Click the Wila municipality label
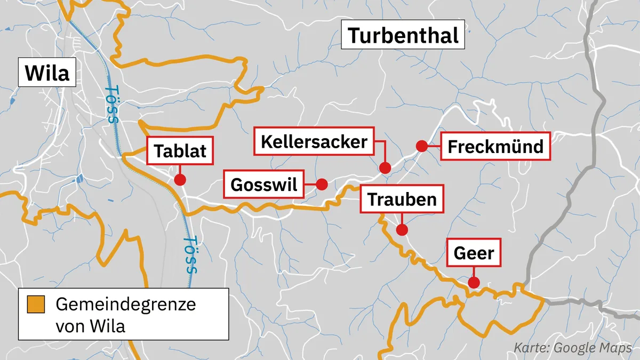(47, 73)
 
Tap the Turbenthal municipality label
(403, 36)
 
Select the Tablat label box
(180, 151)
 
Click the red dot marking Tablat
(180, 179)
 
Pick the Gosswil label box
(263, 185)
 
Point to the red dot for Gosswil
(322, 184)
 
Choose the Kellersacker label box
(314, 142)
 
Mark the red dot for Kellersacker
(385, 168)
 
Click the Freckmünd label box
(495, 146)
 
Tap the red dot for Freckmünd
(421, 146)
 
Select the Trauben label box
(402, 199)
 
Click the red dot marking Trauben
(402, 230)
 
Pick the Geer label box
(474, 253)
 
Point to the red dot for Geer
(473, 283)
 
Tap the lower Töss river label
(191, 255)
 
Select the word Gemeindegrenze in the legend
(126, 305)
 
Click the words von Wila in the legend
(91, 325)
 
